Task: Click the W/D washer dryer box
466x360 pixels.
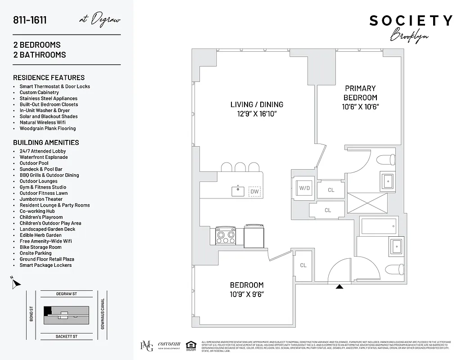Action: point(305,188)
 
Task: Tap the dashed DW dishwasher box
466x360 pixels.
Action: point(254,192)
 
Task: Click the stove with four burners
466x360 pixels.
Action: point(226,234)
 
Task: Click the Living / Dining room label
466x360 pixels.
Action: point(257,104)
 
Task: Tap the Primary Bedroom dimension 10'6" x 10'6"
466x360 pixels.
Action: point(360,107)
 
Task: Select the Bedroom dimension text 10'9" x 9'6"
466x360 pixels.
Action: point(247,294)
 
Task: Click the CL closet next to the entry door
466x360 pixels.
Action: point(303,265)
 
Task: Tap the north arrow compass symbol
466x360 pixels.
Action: point(16,283)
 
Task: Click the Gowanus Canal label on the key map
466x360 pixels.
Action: point(103,314)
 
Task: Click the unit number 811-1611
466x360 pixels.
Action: point(30,20)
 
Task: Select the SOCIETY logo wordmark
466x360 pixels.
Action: point(411,21)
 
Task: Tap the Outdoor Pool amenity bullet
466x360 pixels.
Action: point(34,163)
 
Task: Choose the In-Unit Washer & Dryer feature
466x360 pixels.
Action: point(45,110)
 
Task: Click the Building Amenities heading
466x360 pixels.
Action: point(46,142)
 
